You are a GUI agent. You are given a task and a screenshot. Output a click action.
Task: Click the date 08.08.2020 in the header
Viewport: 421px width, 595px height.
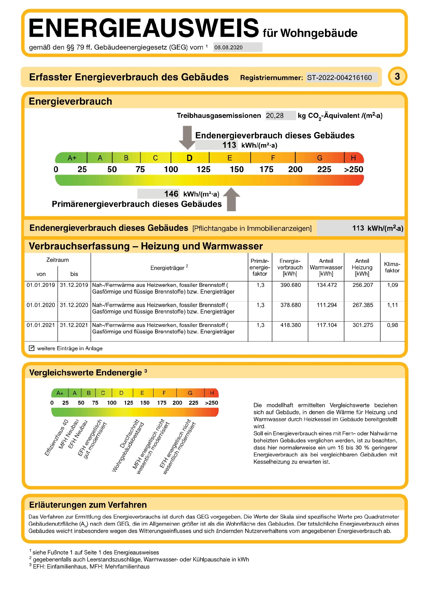click(228, 47)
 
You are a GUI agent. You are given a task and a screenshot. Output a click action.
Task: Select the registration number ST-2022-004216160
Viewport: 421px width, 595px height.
click(339, 78)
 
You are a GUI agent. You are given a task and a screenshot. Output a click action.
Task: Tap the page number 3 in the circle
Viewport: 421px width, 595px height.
click(397, 76)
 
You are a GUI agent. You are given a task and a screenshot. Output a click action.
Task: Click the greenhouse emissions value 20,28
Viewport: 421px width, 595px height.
click(275, 115)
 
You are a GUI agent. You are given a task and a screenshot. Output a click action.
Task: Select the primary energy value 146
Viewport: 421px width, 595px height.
click(171, 194)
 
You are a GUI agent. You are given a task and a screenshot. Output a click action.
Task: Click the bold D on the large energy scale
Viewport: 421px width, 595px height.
click(189, 158)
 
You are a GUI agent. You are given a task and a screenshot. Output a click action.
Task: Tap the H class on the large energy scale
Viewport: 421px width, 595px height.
click(353, 158)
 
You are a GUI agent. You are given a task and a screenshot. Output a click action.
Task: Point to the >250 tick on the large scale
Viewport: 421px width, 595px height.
click(353, 169)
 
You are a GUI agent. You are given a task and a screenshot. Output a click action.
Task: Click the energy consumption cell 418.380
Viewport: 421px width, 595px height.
click(290, 325)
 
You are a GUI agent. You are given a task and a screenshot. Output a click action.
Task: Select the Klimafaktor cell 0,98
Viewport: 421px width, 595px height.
click(392, 325)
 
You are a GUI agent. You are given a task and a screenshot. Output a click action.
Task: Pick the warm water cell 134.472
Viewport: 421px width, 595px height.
click(327, 285)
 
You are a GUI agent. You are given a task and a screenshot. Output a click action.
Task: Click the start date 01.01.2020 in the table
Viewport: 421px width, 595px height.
click(41, 305)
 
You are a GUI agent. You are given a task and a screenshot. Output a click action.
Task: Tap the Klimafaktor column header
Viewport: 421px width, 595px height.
click(392, 267)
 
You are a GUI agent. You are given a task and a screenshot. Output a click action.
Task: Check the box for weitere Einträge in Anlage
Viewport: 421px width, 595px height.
click(32, 348)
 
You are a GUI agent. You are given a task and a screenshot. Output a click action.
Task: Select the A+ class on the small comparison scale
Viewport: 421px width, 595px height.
click(60, 393)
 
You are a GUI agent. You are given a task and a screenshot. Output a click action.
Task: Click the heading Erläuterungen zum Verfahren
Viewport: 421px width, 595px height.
click(88, 505)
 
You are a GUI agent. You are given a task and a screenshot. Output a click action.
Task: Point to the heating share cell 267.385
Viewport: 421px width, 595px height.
click(363, 305)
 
